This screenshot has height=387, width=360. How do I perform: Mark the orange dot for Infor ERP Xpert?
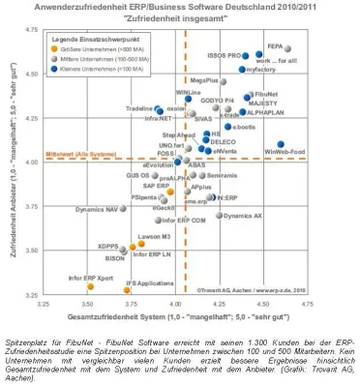coord(89,287)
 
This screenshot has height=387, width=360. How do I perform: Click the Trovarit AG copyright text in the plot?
coord(250,288)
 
